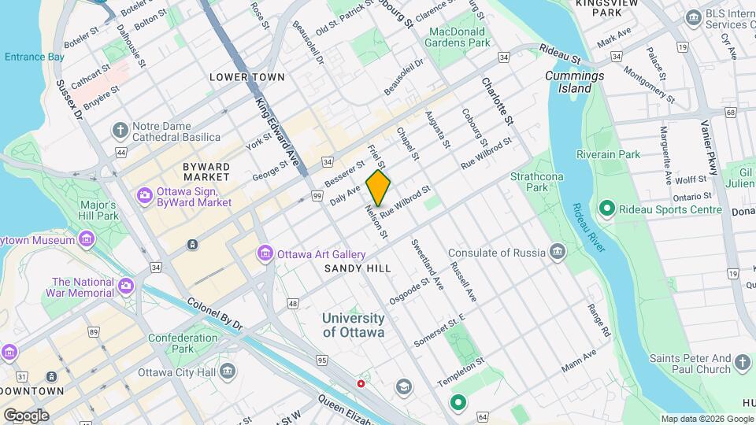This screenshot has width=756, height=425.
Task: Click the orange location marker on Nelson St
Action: tap(378, 188)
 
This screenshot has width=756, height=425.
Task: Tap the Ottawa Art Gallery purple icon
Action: tap(265, 253)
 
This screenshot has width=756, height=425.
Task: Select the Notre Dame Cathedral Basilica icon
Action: tap(120, 129)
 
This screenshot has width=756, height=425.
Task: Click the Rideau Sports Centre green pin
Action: tap(606, 209)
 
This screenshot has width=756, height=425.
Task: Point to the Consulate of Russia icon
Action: tap(558, 253)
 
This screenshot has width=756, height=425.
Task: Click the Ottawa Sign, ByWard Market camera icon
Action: tap(144, 194)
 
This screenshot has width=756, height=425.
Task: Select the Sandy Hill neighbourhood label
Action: tap(358, 268)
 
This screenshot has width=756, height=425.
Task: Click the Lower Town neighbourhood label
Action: tap(246, 77)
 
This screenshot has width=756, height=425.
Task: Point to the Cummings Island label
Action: tap(574, 82)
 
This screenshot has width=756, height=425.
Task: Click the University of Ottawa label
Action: tap(354, 325)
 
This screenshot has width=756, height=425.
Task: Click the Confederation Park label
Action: tap(183, 343)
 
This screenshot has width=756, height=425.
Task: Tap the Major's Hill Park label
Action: tap(98, 210)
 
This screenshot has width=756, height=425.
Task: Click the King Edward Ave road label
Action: tap(276, 129)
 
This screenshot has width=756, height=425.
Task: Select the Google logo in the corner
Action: tap(25, 415)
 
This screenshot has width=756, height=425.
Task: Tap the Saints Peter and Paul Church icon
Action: tap(742, 363)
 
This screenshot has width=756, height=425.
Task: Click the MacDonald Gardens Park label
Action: tap(460, 37)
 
